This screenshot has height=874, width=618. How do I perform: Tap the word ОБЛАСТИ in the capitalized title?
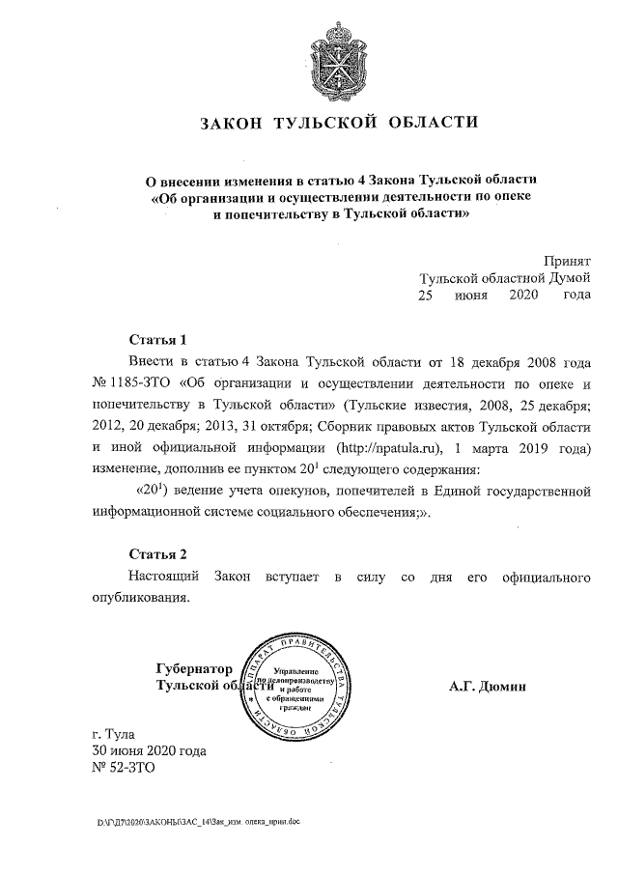tap(433, 124)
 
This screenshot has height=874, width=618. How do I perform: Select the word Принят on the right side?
tap(567, 261)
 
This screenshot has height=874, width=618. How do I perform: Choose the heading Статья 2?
tap(157, 553)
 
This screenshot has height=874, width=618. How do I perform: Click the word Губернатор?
tap(194, 668)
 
